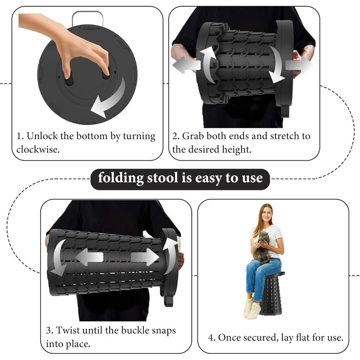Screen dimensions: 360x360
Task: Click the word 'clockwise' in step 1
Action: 37,150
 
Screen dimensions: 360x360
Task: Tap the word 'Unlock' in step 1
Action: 42,136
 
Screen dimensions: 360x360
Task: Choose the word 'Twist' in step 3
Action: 67,330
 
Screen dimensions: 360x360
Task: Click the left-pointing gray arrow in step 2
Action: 186,64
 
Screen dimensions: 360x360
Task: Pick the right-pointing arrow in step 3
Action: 145,257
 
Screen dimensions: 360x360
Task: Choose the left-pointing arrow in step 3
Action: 89,257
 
